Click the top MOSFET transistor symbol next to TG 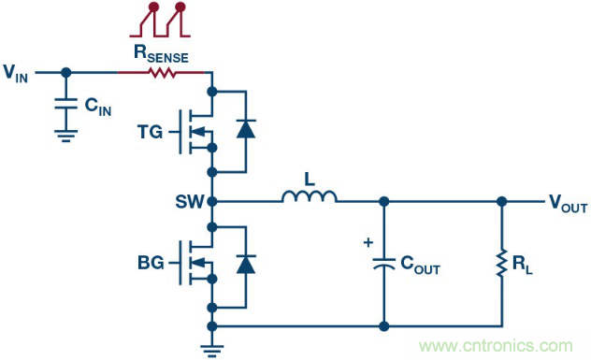click(x=197, y=131)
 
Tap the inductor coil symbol click(x=309, y=197)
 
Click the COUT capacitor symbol click(x=383, y=266)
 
